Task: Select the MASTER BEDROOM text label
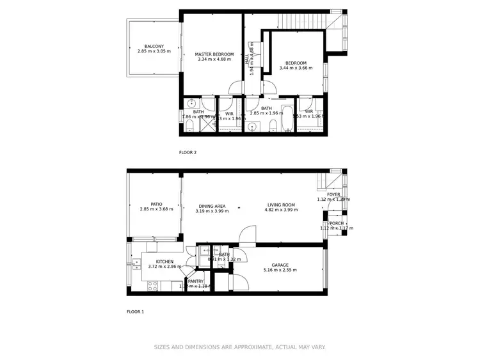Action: (214, 54)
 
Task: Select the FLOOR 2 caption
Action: (188, 153)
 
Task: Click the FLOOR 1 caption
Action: (135, 311)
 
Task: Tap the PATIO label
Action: (156, 205)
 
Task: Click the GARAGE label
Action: (280, 265)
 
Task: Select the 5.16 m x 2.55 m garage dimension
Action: (280, 270)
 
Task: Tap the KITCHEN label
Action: (164, 262)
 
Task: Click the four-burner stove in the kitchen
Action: (154, 286)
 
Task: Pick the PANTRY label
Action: (196, 281)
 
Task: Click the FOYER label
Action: (333, 194)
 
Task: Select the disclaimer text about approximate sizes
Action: (239, 347)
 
